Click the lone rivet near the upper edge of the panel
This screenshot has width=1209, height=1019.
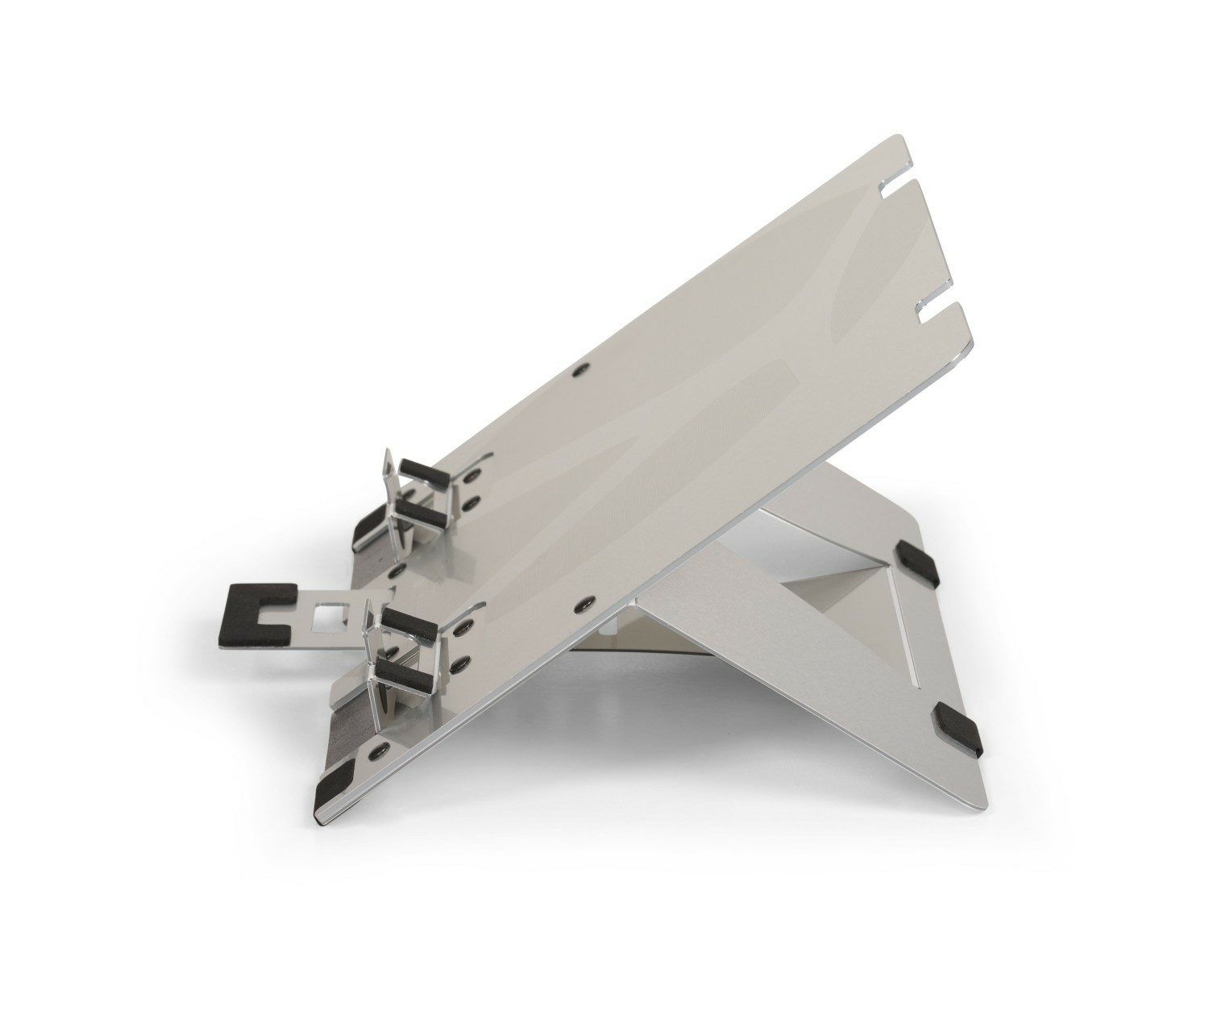(580, 370)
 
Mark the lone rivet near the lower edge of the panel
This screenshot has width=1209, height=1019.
(583, 602)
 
